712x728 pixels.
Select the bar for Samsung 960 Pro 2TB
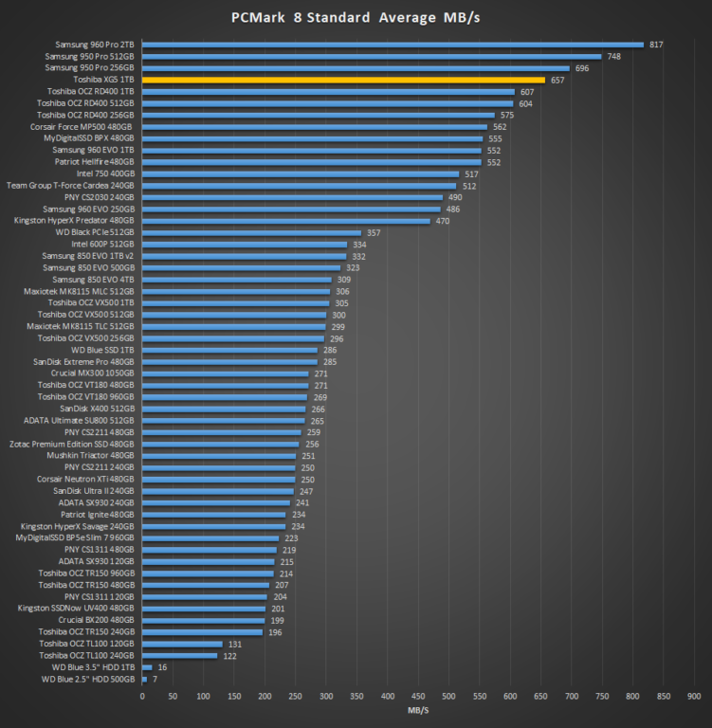(x=392, y=45)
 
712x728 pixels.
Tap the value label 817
(x=655, y=45)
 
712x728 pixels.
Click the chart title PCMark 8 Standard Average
(x=356, y=17)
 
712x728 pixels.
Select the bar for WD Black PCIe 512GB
(x=251, y=232)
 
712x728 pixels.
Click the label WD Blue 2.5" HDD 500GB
(x=88, y=679)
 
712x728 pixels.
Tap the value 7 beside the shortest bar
(x=154, y=679)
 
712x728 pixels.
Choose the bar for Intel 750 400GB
(x=301, y=173)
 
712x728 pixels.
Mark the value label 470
(x=441, y=221)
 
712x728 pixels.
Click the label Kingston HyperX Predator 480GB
(x=75, y=221)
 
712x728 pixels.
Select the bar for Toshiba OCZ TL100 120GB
(x=182, y=644)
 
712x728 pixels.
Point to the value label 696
(x=581, y=68)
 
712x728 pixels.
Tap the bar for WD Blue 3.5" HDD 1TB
(x=147, y=667)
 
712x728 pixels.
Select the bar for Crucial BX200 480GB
(x=203, y=620)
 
